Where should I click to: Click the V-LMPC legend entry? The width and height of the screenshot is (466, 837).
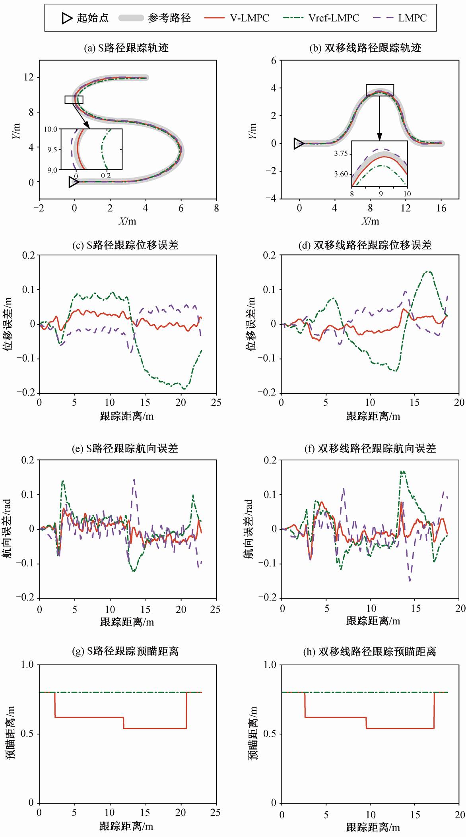coord(237,18)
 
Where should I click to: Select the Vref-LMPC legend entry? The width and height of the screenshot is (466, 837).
coord(321,18)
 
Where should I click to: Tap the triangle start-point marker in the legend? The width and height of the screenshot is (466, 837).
coord(67,18)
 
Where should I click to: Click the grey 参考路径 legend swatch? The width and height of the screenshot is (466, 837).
coord(131,18)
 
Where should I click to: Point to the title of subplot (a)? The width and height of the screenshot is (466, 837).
coord(126,48)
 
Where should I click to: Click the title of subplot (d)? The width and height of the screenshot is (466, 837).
coord(365,245)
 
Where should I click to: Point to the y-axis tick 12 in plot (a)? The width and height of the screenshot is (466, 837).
coord(29,77)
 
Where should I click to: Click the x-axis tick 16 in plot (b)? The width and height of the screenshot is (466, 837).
coord(441,208)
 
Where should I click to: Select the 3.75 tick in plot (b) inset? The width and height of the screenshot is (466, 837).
coord(341,154)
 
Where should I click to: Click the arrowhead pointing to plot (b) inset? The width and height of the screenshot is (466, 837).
coord(379,138)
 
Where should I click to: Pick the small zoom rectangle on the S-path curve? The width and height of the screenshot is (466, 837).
coord(74,99)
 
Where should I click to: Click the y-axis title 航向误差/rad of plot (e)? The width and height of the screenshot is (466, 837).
coord(8,529)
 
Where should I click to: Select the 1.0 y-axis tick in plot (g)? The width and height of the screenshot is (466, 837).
coord(27,665)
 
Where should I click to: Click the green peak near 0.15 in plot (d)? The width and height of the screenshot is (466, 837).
coord(428,272)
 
